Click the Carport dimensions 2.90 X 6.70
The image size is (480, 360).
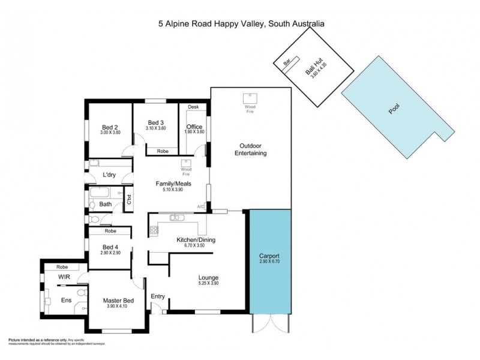tap(270, 262)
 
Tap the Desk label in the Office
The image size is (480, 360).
tap(193, 107)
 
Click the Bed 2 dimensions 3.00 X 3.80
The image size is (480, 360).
tap(109, 133)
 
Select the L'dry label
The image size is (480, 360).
tap(109, 175)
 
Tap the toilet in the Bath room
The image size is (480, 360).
tap(93, 205)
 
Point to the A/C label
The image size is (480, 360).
tap(201, 207)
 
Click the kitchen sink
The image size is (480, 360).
tap(174, 217)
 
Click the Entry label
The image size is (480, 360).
tap(158, 296)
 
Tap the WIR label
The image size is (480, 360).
tap(65, 278)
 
